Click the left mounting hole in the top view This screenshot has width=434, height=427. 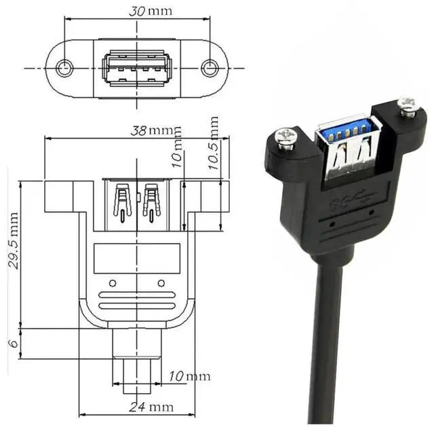point(66,67)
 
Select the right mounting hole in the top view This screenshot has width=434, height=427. point(210,67)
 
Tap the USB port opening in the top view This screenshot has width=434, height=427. point(138,68)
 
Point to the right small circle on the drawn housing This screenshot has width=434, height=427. point(161,282)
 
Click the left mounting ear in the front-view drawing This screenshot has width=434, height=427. point(59,196)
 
